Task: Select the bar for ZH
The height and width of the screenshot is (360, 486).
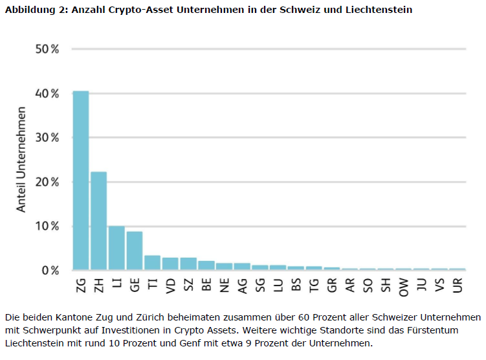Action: coord(98,220)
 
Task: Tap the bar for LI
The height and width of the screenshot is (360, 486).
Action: coord(116,247)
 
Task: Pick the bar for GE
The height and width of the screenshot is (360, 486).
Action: coord(134,250)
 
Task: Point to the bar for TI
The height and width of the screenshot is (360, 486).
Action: coord(152,262)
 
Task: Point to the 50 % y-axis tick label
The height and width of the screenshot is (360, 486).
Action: coord(46,49)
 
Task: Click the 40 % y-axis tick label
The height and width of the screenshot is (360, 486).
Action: coord(46,93)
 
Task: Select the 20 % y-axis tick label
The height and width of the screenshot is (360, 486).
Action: coord(46,182)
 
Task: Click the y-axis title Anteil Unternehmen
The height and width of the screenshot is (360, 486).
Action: coord(21,159)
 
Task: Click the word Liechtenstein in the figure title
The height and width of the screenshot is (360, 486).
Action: coord(380,10)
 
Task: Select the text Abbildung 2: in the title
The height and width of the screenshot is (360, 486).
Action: coord(32,10)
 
